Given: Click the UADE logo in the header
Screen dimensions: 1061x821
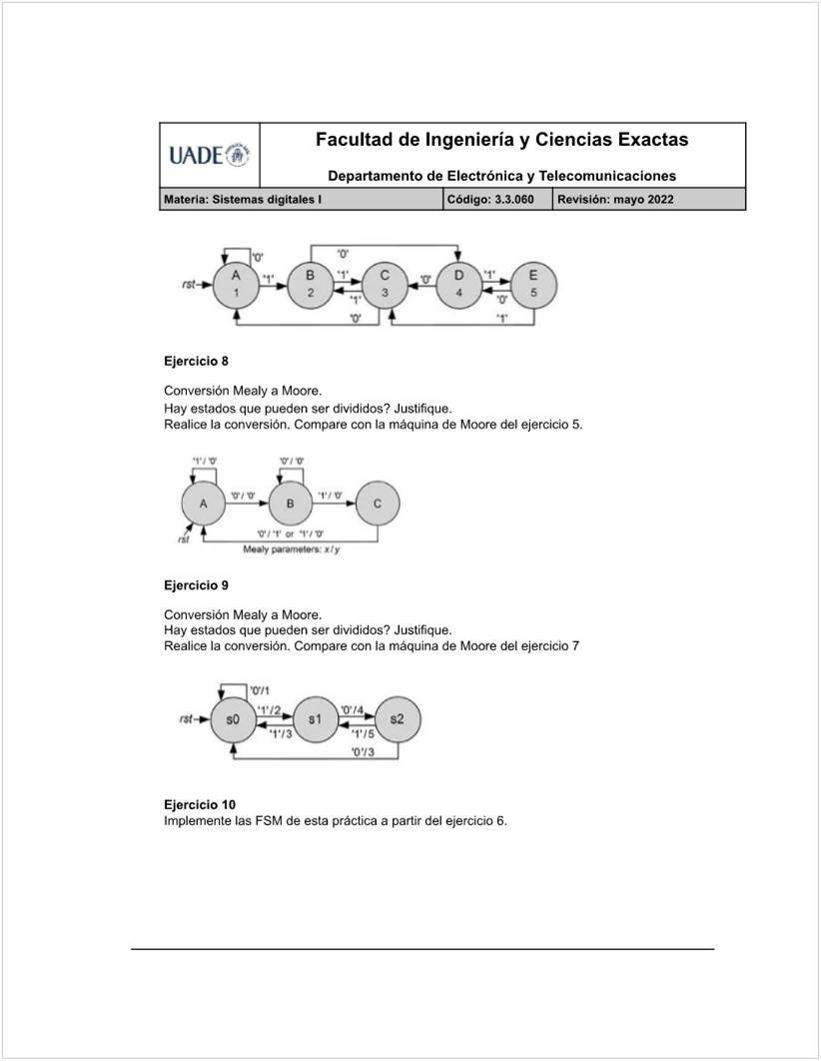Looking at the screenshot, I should click(x=210, y=155).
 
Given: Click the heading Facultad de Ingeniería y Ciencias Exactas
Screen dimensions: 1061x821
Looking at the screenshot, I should click(x=501, y=140).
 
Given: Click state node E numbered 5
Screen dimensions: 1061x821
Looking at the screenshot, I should click(x=532, y=284).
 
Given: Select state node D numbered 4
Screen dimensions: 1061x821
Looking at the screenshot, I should click(x=458, y=284).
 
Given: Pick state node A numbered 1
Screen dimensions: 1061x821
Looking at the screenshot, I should click(x=236, y=284).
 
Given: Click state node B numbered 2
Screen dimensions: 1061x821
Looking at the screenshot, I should click(x=311, y=284).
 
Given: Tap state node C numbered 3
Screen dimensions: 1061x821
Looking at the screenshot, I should click(x=385, y=284).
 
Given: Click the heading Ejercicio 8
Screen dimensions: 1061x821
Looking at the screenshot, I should click(x=198, y=361).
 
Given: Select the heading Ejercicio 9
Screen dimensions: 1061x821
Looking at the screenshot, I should click(x=198, y=584).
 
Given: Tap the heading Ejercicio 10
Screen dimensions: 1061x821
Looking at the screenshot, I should click(x=201, y=804).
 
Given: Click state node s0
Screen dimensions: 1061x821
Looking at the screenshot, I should click(x=233, y=719).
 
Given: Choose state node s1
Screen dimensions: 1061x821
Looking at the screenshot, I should click(x=315, y=719).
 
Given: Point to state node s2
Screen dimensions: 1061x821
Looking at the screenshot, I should click(x=397, y=719).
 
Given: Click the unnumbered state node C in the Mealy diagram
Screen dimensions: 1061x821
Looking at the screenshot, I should click(x=377, y=504).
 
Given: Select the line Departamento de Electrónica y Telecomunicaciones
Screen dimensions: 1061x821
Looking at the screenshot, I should click(x=501, y=176).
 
